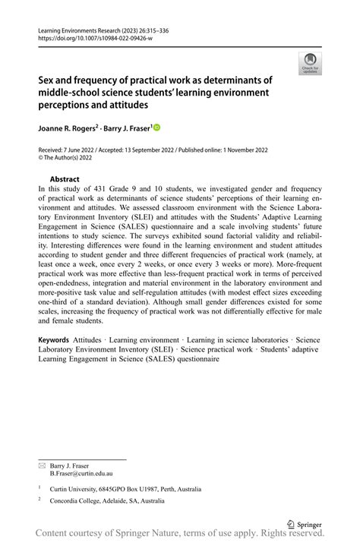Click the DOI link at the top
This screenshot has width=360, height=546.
pos(90,36)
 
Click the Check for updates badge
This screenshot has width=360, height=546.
pos(309,62)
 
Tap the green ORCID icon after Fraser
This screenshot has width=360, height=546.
pos(157,128)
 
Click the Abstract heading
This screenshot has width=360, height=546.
pos(65,179)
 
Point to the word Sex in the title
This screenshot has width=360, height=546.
pos(47,79)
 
